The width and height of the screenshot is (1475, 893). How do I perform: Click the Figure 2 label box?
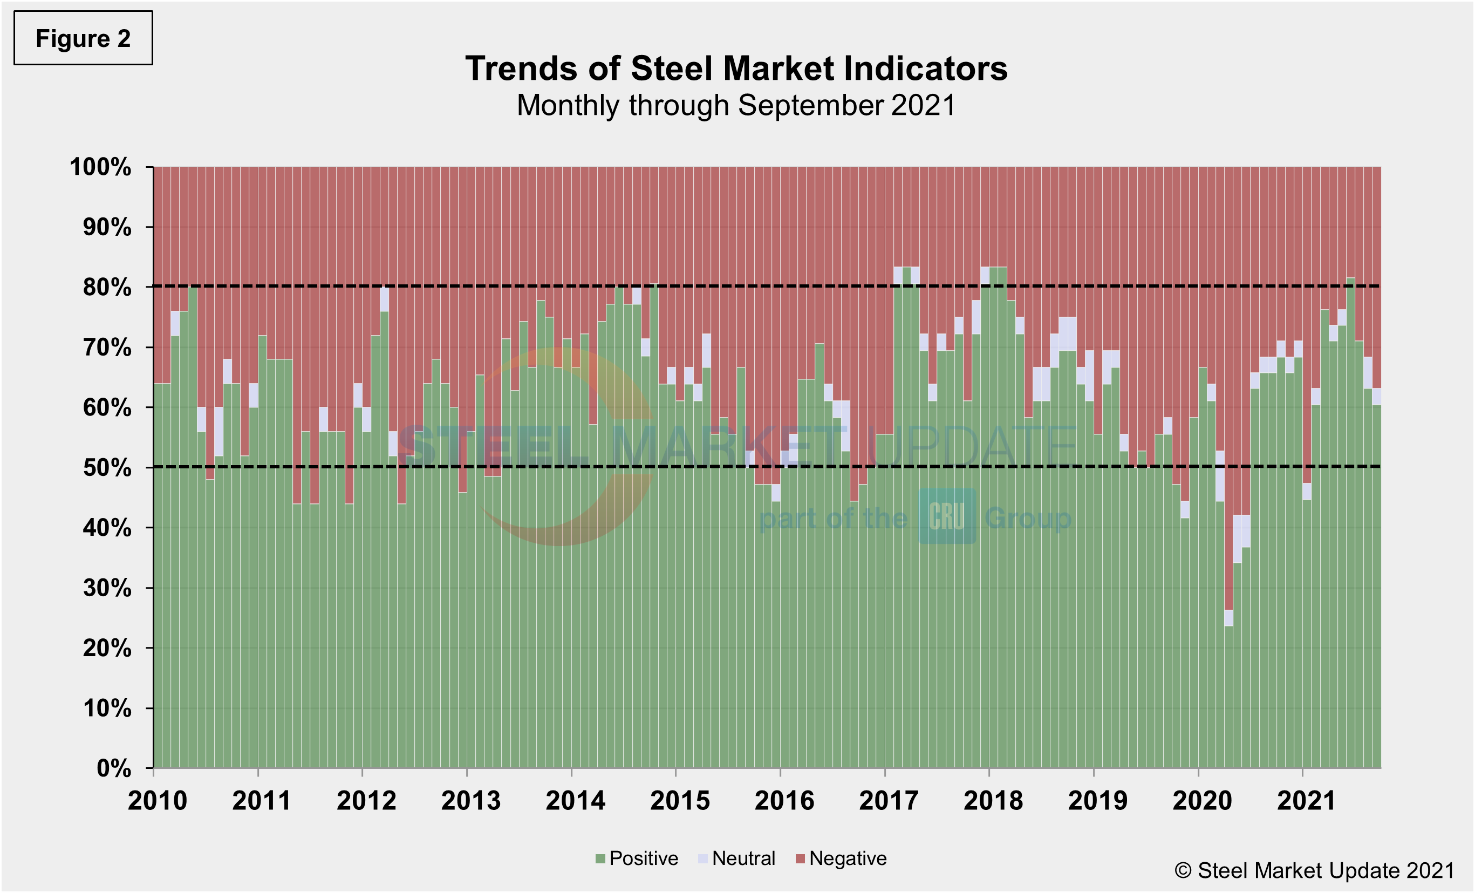(x=83, y=38)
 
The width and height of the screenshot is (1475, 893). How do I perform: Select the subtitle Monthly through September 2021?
(x=736, y=105)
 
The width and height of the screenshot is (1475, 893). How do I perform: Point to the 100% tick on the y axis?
(x=100, y=167)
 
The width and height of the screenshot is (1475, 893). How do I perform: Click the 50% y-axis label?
(x=107, y=467)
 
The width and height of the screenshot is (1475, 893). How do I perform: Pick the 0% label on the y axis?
(x=114, y=768)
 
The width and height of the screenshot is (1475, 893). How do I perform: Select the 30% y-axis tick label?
(x=107, y=588)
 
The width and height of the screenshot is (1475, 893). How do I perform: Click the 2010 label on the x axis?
(x=158, y=801)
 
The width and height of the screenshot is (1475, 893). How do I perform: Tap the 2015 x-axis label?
(x=679, y=801)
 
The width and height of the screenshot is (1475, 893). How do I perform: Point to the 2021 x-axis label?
(x=1306, y=801)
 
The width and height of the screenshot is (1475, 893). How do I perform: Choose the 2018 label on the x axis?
(x=993, y=801)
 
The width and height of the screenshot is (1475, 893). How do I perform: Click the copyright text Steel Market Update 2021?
(x=1314, y=870)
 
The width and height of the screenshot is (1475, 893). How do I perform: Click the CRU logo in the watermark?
(x=946, y=516)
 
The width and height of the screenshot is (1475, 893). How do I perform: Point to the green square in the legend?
(x=600, y=859)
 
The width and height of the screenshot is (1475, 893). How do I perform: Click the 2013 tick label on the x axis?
(x=470, y=801)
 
